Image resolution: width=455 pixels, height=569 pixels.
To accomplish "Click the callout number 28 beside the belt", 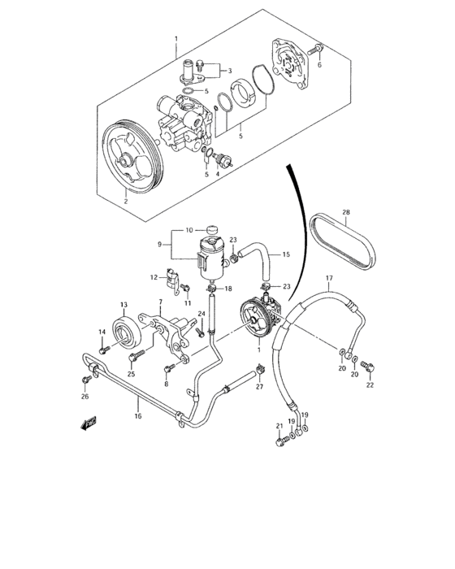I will point(345,214).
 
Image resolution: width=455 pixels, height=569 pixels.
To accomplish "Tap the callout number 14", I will point(102,332).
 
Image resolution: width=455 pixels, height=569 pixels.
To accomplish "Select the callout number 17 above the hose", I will point(330,278).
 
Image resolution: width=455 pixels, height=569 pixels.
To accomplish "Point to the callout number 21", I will point(278,426).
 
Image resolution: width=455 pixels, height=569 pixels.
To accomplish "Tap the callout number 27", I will point(259,387).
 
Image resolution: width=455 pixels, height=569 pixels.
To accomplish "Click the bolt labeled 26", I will point(85,378).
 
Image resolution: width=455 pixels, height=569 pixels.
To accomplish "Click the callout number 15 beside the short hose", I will point(285,254).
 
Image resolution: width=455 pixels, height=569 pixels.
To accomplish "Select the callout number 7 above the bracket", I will point(161,302).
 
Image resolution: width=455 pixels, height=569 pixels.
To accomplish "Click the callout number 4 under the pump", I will point(217,173).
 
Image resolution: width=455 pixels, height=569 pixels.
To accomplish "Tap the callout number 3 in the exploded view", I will point(229,71).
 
